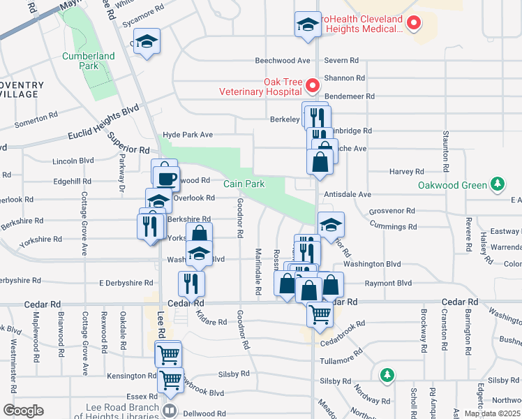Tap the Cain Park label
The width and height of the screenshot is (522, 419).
[244, 184]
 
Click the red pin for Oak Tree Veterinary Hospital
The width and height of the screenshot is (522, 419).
[312, 86]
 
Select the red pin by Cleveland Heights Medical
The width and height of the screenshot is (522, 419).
[414, 24]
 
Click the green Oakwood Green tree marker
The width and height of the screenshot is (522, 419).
[497, 184]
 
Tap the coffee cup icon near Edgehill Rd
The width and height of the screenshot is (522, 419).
[166, 177]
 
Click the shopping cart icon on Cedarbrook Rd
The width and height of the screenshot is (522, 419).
[320, 314]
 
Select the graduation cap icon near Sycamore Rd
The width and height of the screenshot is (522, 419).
[147, 42]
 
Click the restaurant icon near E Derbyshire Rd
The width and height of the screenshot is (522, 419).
[191, 282]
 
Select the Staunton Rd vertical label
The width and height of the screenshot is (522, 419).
[444, 150]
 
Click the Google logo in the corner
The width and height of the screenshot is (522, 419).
[23, 410]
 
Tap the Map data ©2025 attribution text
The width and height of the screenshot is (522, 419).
[493, 413]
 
